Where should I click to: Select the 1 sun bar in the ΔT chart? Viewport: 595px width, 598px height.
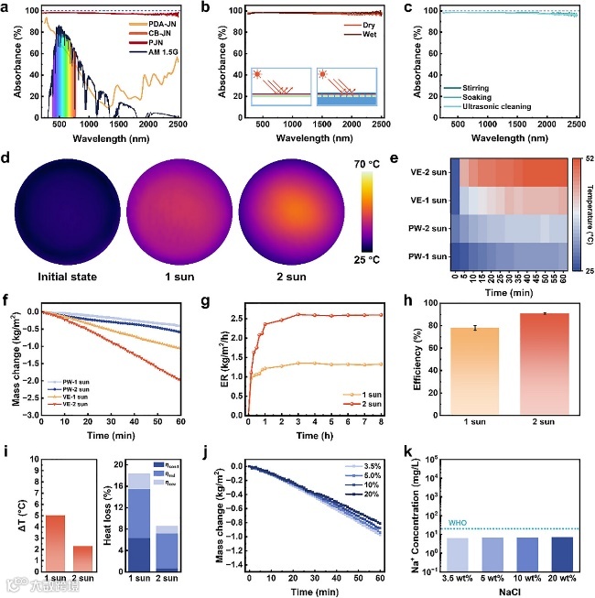pyautogui.click(x=54, y=528)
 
